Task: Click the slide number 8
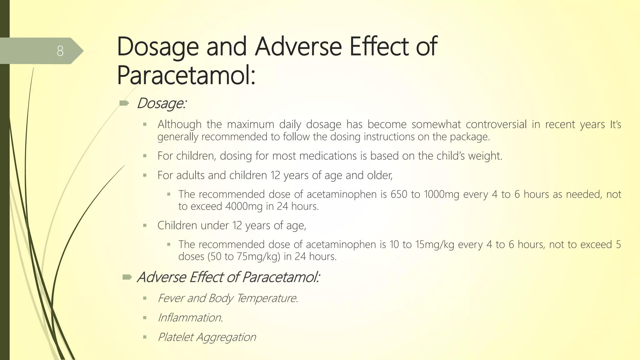tap(60, 51)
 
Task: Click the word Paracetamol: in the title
tap(186, 75)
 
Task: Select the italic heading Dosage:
tap(162, 103)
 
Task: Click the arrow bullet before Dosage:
tap(124, 103)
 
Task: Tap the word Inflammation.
tap(190, 318)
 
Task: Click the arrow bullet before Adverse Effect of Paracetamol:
tap(127, 277)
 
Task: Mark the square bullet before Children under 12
tap(145, 225)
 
